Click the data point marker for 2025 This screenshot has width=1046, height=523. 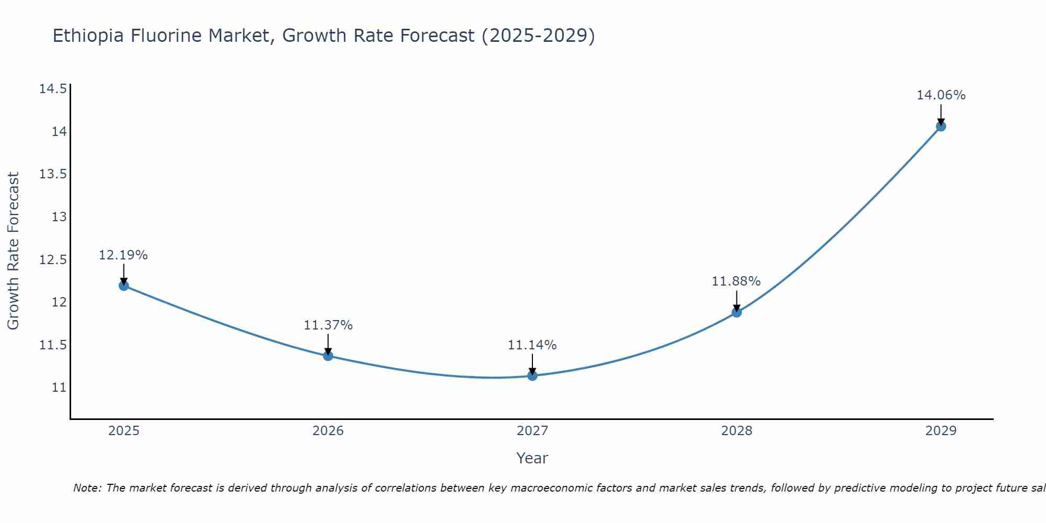pyautogui.click(x=124, y=286)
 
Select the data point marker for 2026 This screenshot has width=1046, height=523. pyautogui.click(x=328, y=356)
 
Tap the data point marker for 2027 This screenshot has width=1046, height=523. pyautogui.click(x=532, y=376)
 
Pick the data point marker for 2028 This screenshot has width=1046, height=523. pyautogui.click(x=736, y=312)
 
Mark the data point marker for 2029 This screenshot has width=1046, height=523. pyautogui.click(x=941, y=126)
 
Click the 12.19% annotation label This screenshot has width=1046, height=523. pyautogui.click(x=123, y=255)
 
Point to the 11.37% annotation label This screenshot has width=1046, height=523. pyautogui.click(x=328, y=325)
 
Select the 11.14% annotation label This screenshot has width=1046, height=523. pyautogui.click(x=532, y=345)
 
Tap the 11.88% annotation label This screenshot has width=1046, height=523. pyautogui.click(x=736, y=281)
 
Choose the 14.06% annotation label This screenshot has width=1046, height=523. pyautogui.click(x=941, y=95)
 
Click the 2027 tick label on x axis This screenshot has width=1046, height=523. pyautogui.click(x=532, y=431)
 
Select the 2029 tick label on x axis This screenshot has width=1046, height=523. pyautogui.click(x=941, y=431)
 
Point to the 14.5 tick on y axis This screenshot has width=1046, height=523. pyautogui.click(x=53, y=89)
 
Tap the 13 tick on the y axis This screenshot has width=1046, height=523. pyautogui.click(x=60, y=217)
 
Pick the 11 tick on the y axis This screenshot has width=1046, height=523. pyautogui.click(x=60, y=388)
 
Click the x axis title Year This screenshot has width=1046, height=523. pyautogui.click(x=532, y=458)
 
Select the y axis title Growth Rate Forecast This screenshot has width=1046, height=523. pyautogui.click(x=13, y=251)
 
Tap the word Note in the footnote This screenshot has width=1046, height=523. pyautogui.click(x=87, y=488)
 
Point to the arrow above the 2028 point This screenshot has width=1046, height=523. pyautogui.click(x=736, y=301)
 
